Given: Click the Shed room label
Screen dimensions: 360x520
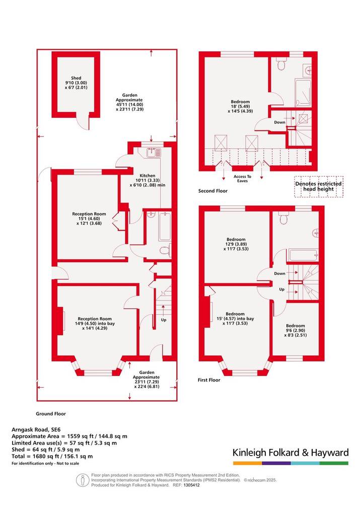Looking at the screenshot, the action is click(76, 83).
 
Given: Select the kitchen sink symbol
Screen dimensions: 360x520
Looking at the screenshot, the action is click(153, 153).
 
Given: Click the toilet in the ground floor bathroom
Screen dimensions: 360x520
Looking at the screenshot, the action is click(165, 250).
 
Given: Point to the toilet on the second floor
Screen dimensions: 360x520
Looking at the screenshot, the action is click(281, 64).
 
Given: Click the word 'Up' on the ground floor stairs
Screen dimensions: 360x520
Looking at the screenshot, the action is click(164, 320).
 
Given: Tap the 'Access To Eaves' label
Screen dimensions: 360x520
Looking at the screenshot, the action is click(242, 179).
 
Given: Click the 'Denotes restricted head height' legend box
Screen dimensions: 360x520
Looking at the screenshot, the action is click(319, 187).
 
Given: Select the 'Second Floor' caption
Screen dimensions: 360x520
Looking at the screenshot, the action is click(213, 191).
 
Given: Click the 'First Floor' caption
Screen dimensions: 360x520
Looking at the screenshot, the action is click(209, 380).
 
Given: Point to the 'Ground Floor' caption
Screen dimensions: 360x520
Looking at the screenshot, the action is click(51, 414).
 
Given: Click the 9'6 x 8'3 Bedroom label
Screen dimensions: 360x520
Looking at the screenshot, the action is click(295, 330).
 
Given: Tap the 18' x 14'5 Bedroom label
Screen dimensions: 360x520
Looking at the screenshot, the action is click(240, 106).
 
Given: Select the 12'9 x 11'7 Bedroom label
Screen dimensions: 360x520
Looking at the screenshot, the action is click(236, 244).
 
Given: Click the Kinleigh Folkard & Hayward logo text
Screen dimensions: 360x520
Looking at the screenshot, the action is click(291, 453).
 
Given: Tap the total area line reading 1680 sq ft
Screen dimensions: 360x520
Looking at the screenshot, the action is click(52, 457).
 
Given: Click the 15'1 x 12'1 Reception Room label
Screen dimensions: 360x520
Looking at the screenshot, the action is click(89, 219).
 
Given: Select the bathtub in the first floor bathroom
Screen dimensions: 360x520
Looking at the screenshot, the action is click(303, 256).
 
